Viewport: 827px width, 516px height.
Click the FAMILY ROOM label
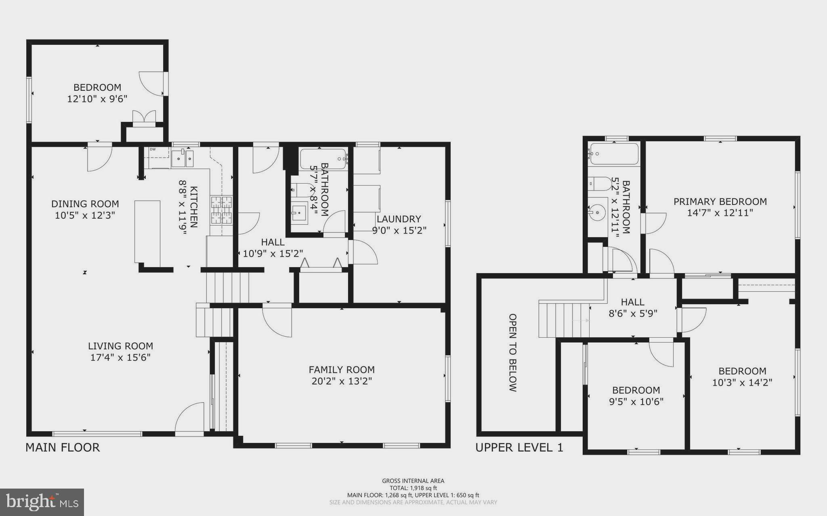(342, 370)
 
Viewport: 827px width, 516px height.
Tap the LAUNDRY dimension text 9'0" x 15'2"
(399, 230)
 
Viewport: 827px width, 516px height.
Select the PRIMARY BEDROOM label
(720, 201)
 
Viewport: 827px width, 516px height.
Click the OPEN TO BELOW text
(512, 353)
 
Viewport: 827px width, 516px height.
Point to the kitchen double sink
(183, 158)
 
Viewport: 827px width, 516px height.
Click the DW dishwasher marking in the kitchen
(153, 149)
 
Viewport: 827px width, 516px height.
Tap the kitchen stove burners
(222, 210)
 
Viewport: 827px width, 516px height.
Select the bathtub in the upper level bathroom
(614, 154)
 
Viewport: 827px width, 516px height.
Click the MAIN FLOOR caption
(63, 447)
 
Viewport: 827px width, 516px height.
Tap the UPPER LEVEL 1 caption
(519, 447)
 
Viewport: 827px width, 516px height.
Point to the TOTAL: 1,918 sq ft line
(413, 488)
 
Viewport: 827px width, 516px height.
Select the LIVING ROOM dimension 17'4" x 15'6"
(120, 357)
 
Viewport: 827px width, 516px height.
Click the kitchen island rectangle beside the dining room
(147, 232)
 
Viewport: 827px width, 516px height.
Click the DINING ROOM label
(85, 204)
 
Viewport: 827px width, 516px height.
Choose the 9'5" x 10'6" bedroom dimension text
(636, 401)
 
